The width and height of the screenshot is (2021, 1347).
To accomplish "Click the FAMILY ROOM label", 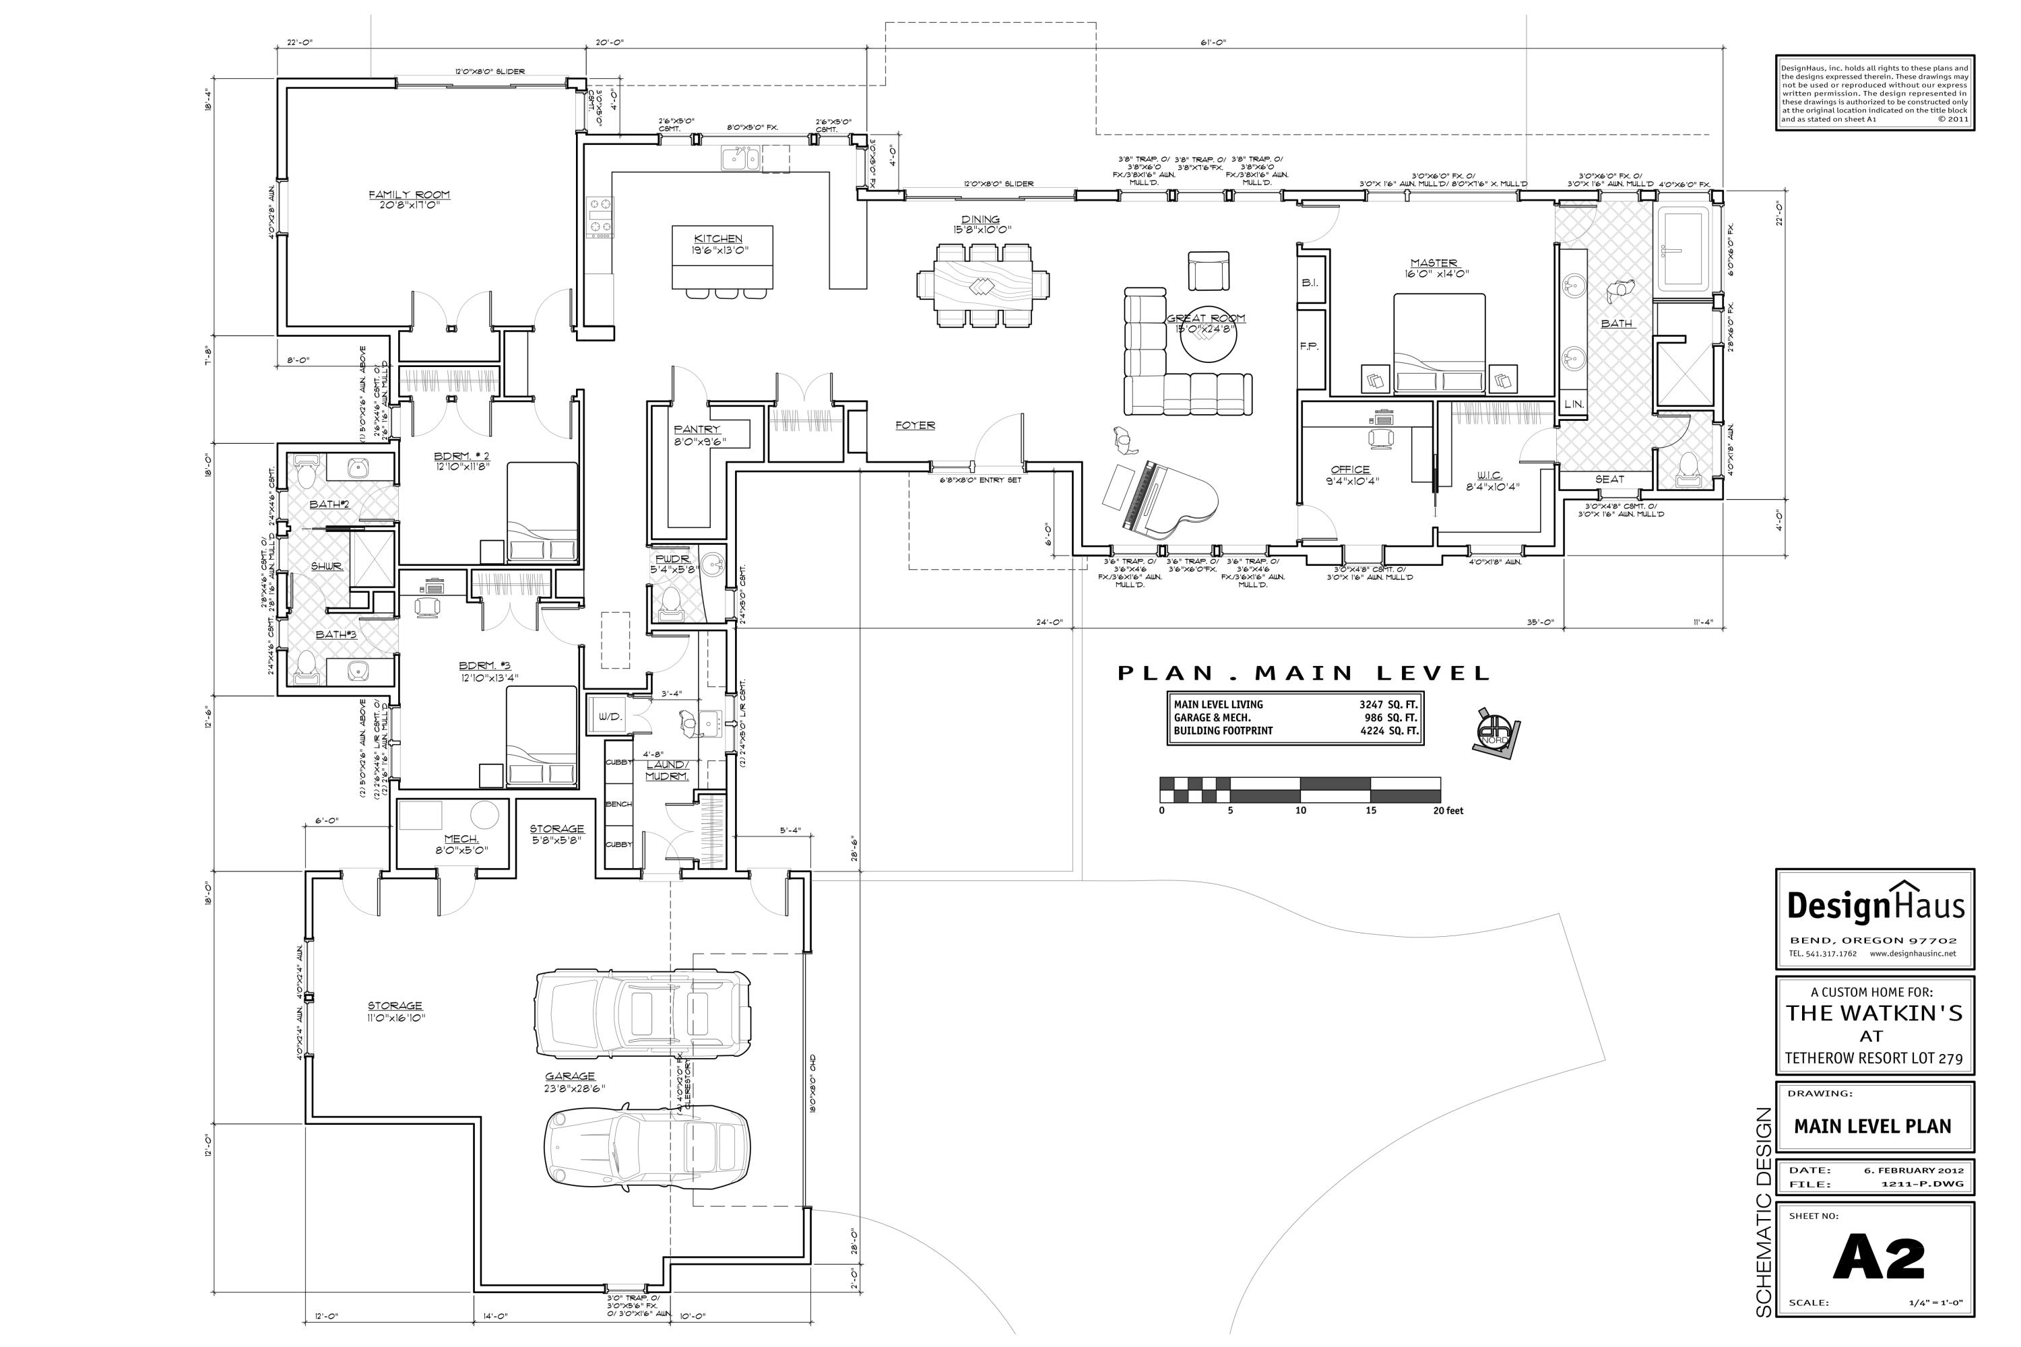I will point(409,195).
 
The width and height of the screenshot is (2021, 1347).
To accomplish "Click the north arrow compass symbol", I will point(1495,733).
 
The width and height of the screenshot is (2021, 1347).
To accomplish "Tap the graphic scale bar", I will point(1300,789).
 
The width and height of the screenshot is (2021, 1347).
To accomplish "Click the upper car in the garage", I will point(642,1014).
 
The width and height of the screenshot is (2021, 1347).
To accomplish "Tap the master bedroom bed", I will point(1438,343).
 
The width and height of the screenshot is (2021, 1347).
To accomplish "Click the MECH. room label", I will point(461,839).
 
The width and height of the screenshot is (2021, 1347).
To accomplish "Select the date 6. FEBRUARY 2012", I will point(1912,1170).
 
